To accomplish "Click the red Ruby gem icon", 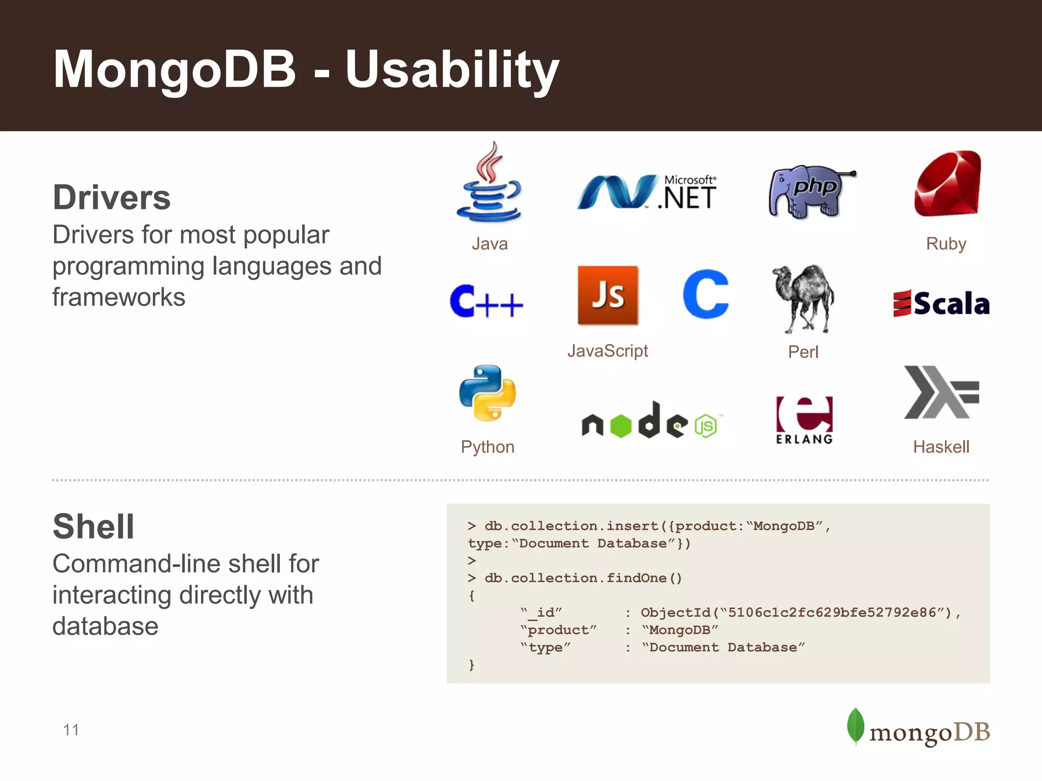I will [x=947, y=184].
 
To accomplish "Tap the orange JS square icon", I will [x=607, y=295].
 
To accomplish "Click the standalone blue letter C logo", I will [x=706, y=294].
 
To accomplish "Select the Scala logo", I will [x=941, y=304].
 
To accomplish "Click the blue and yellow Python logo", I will [x=487, y=393].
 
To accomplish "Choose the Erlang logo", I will [x=804, y=419].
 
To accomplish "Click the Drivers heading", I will [x=111, y=197].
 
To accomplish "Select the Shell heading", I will [x=94, y=526].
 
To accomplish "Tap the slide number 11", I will [x=71, y=730].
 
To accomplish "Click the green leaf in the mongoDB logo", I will [x=855, y=726].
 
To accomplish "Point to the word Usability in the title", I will [x=452, y=70].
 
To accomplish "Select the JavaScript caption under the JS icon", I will [x=607, y=351].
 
